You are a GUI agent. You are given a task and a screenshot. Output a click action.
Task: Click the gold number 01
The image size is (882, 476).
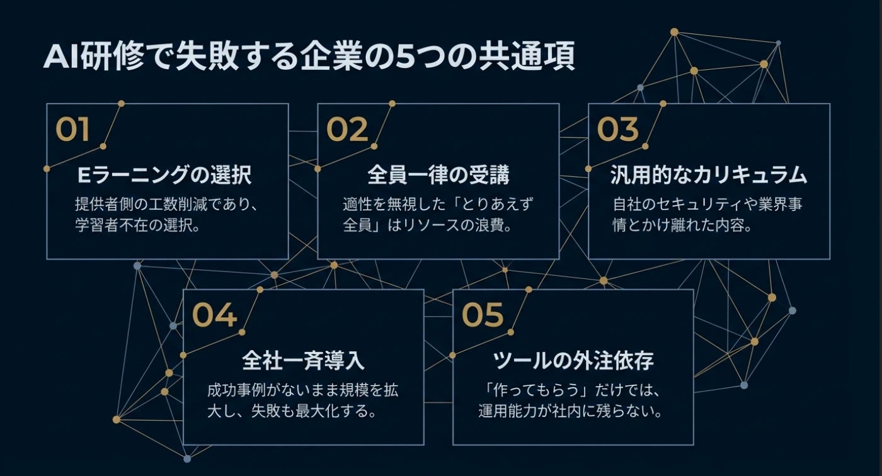click(x=72, y=130)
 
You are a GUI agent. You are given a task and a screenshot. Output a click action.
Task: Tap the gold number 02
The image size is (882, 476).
click(x=346, y=130)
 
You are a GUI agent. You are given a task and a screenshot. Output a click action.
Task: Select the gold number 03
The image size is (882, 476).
click(x=617, y=130)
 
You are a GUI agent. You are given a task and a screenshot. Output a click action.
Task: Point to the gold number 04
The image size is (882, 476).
click(x=214, y=315)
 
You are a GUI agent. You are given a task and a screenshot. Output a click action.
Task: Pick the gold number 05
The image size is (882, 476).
click(x=483, y=315)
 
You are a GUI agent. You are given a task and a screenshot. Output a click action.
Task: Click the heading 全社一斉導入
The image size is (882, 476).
click(x=303, y=361)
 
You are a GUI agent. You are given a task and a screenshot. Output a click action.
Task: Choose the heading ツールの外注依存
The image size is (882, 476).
click(x=573, y=361)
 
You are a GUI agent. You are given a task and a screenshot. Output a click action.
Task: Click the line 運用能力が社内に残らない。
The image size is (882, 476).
click(x=572, y=412)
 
